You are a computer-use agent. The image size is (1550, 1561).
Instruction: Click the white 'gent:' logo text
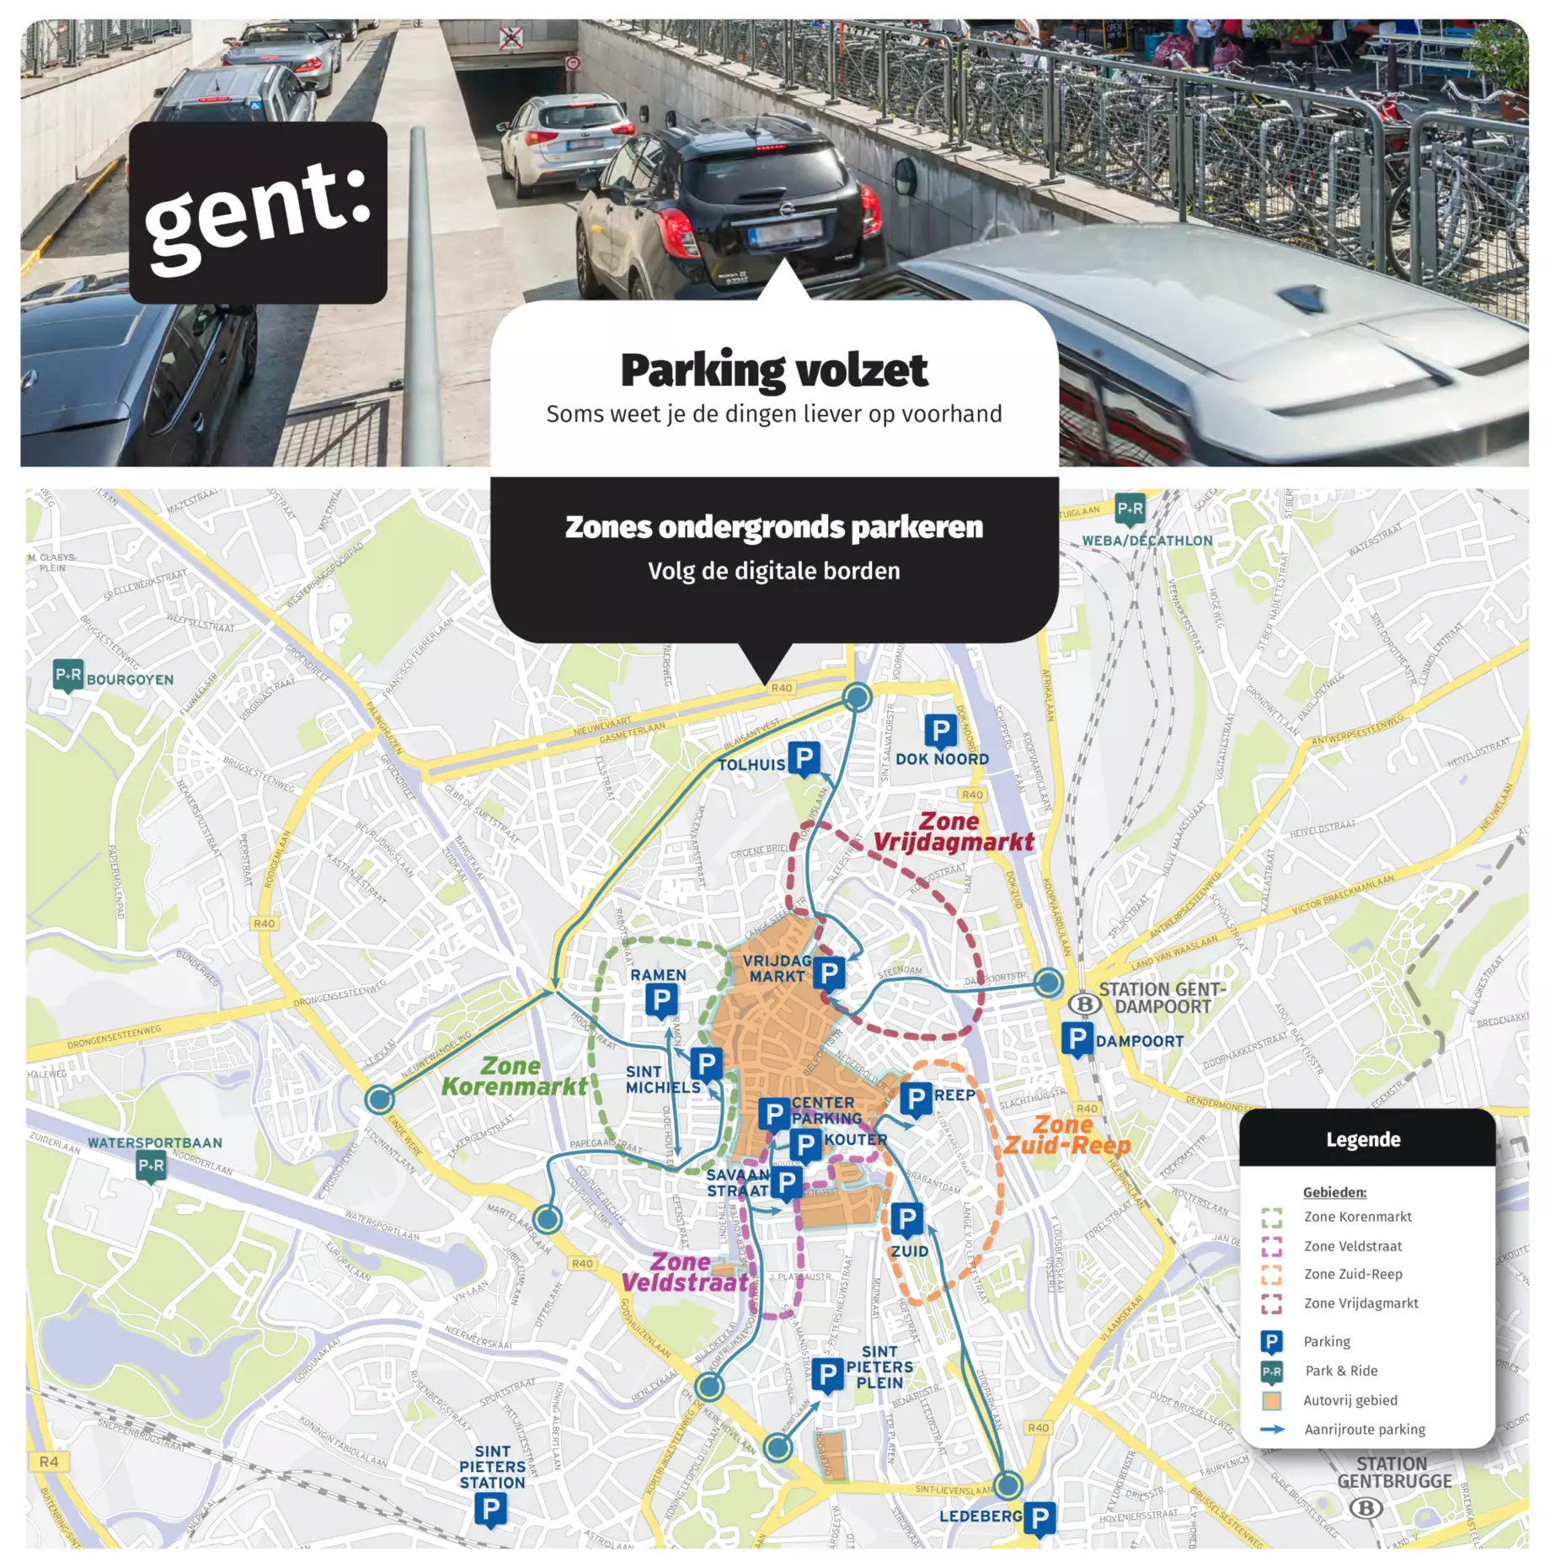tap(257, 215)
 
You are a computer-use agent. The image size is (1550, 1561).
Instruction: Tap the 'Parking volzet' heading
tap(773, 370)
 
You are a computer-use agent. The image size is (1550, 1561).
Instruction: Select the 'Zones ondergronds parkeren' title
tap(773, 527)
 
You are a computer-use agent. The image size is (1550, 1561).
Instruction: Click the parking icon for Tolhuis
tap(804, 758)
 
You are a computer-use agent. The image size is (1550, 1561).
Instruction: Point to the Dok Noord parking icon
tap(940, 730)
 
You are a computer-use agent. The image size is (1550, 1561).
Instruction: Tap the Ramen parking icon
tap(661, 1000)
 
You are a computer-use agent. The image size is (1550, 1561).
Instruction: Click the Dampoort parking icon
tap(1076, 1038)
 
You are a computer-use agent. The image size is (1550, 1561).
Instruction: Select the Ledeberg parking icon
tap(1040, 1517)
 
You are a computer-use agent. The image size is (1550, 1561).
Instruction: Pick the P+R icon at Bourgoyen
tap(68, 674)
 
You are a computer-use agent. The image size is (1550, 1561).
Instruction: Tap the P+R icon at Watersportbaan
tap(152, 1165)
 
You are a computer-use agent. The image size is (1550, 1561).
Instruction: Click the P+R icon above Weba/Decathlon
tap(1129, 509)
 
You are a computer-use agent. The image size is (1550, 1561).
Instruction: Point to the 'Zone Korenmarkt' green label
tap(513, 1076)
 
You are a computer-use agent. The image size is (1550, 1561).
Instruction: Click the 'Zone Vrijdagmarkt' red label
tap(952, 832)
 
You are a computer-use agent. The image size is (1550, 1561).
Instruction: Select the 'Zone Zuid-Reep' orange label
tap(1066, 1135)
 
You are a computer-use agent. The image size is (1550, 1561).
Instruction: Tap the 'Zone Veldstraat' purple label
tap(684, 1271)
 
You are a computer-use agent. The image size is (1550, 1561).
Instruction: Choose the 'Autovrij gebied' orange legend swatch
tap(1270, 1400)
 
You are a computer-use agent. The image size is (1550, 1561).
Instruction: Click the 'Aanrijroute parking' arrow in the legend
tap(1271, 1429)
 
